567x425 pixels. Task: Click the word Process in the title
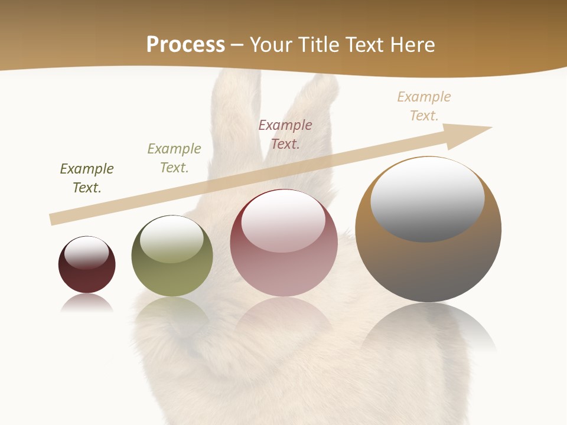pos(185,44)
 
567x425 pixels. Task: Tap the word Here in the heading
pos(413,45)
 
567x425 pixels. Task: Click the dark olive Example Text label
pos(87,178)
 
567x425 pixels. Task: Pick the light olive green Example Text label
pos(174,158)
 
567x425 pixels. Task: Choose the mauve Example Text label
pos(285,134)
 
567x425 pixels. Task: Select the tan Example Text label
pos(424,106)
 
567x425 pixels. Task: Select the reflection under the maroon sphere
pos(87,303)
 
